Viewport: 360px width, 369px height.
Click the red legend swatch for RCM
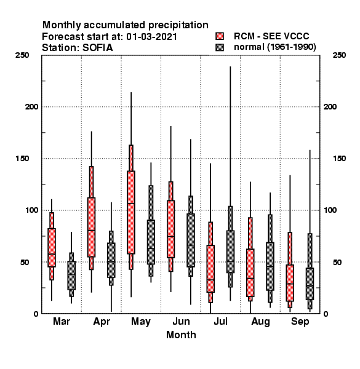point(220,36)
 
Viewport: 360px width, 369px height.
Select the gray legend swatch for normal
point(220,47)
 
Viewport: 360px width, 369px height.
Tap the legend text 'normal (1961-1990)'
point(274,47)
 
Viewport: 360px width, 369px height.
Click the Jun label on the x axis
point(181,322)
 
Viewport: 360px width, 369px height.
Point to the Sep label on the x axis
point(300,322)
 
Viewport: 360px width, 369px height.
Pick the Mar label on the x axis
point(62,322)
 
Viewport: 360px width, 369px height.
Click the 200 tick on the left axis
point(31,107)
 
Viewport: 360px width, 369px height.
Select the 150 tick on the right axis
point(339,159)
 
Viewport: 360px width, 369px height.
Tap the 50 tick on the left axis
point(25,262)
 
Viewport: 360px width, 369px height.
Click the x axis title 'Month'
point(181,335)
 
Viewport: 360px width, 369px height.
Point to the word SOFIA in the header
point(97,48)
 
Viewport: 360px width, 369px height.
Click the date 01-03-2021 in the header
point(151,37)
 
